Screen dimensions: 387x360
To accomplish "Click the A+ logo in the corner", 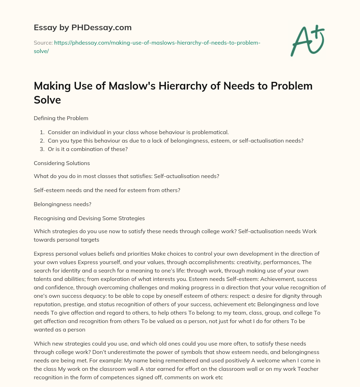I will pos(307,40).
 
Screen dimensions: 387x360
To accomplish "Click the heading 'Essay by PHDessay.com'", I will pos(83,27).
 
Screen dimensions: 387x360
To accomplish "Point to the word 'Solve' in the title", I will pos(47,100).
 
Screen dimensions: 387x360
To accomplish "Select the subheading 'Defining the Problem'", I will pos(61,118).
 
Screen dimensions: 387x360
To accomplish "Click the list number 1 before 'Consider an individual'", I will pos(42,132).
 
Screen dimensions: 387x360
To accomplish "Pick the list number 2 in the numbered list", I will pos(42,140).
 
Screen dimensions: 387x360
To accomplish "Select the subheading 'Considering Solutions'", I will pos(62,163).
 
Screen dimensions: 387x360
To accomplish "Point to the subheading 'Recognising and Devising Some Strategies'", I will pos(89,218).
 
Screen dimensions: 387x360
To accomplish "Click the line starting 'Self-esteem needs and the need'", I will pos(107,190).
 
